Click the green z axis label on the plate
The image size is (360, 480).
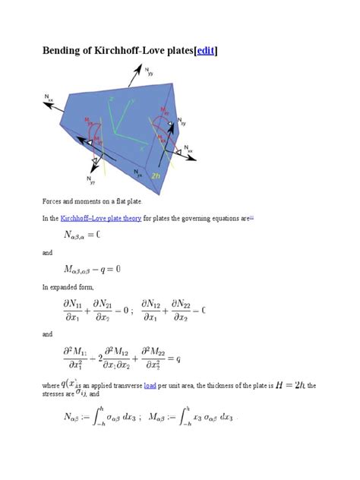(x=112, y=99)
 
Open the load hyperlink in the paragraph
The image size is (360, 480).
(x=150, y=385)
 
